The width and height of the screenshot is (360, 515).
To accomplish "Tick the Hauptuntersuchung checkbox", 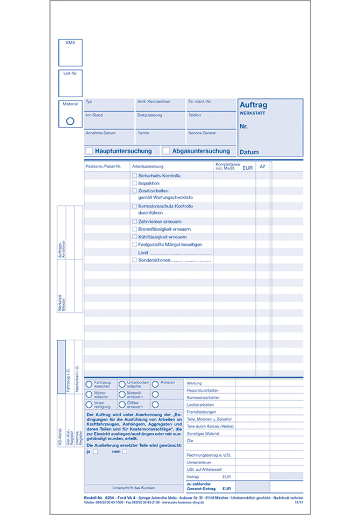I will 89,151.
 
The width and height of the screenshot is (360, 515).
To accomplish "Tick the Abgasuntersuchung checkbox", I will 166,151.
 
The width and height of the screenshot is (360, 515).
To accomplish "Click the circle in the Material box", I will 70,121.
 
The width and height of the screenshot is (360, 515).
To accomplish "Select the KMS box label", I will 70,42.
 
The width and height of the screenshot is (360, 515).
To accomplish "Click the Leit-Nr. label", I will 70,73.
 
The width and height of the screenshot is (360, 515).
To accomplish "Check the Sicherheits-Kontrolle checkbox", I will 134,176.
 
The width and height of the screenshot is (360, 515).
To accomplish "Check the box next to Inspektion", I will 134,183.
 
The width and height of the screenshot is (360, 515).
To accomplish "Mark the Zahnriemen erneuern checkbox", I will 134,221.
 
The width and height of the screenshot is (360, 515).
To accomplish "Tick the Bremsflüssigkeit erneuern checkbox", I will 134,229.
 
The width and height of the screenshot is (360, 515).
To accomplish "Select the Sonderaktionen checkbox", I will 134,260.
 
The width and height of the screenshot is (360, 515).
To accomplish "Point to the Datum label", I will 249,152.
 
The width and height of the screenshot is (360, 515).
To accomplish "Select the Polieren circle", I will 155,384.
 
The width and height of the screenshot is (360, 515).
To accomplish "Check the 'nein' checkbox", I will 125,452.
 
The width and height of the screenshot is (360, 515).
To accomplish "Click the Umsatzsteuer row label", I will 198,462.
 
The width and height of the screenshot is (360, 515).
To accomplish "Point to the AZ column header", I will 262,167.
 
